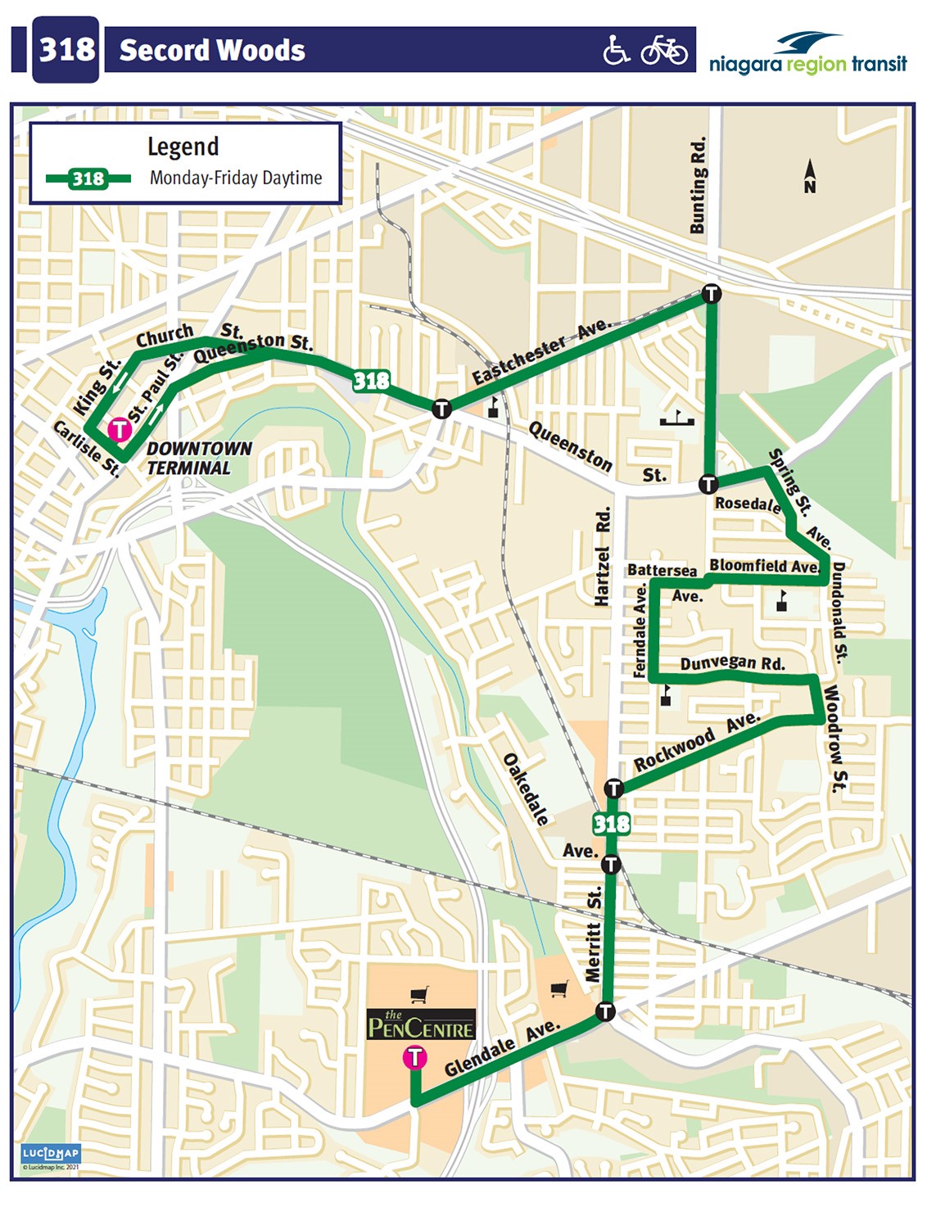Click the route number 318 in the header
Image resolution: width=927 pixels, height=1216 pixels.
click(66, 50)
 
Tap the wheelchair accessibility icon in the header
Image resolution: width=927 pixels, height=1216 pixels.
click(616, 50)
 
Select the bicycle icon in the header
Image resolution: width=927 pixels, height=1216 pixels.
click(664, 51)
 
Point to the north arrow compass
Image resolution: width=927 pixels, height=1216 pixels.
click(810, 176)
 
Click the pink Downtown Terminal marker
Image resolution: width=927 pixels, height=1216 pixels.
click(120, 429)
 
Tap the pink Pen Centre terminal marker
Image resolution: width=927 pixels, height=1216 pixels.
click(415, 1057)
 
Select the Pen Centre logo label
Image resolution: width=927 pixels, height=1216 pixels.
click(421, 1024)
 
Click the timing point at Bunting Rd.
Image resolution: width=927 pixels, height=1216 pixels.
click(712, 293)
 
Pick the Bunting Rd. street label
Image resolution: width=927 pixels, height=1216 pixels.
click(698, 185)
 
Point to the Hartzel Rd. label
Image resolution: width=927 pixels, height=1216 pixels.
click(603, 556)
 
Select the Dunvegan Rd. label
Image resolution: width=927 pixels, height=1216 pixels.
click(732, 662)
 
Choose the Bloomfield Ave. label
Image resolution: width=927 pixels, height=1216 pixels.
click(763, 565)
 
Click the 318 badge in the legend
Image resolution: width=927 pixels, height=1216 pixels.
click(88, 179)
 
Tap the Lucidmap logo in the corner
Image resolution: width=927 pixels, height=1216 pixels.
click(51, 1154)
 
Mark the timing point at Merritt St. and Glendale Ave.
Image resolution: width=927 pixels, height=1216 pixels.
click(605, 1010)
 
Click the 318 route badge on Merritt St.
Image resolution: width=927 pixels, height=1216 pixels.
click(612, 823)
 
